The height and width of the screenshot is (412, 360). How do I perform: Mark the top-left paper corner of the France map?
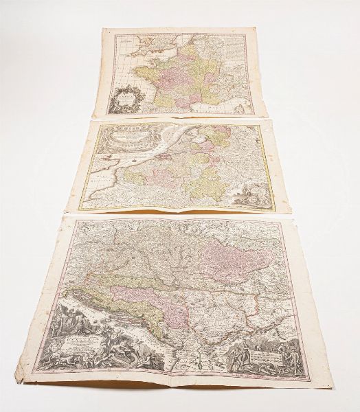click(104, 30)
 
